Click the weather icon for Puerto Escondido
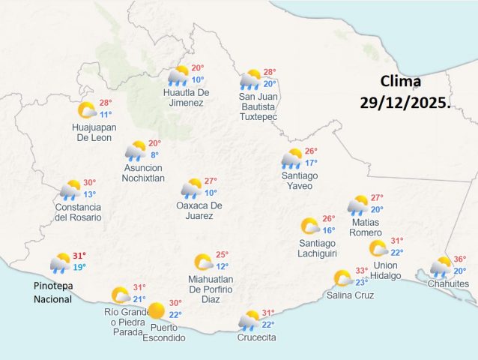click(156, 310)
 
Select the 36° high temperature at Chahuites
click(459, 259)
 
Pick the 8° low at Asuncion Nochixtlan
click(154, 155)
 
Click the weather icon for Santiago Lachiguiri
click(309, 226)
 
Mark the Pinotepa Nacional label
click(52, 292)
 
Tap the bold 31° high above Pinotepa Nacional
click(79, 255)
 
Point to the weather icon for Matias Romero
click(357, 205)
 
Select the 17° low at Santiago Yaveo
click(311, 162)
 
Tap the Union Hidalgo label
click(386, 270)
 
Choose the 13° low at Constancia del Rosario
click(89, 193)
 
